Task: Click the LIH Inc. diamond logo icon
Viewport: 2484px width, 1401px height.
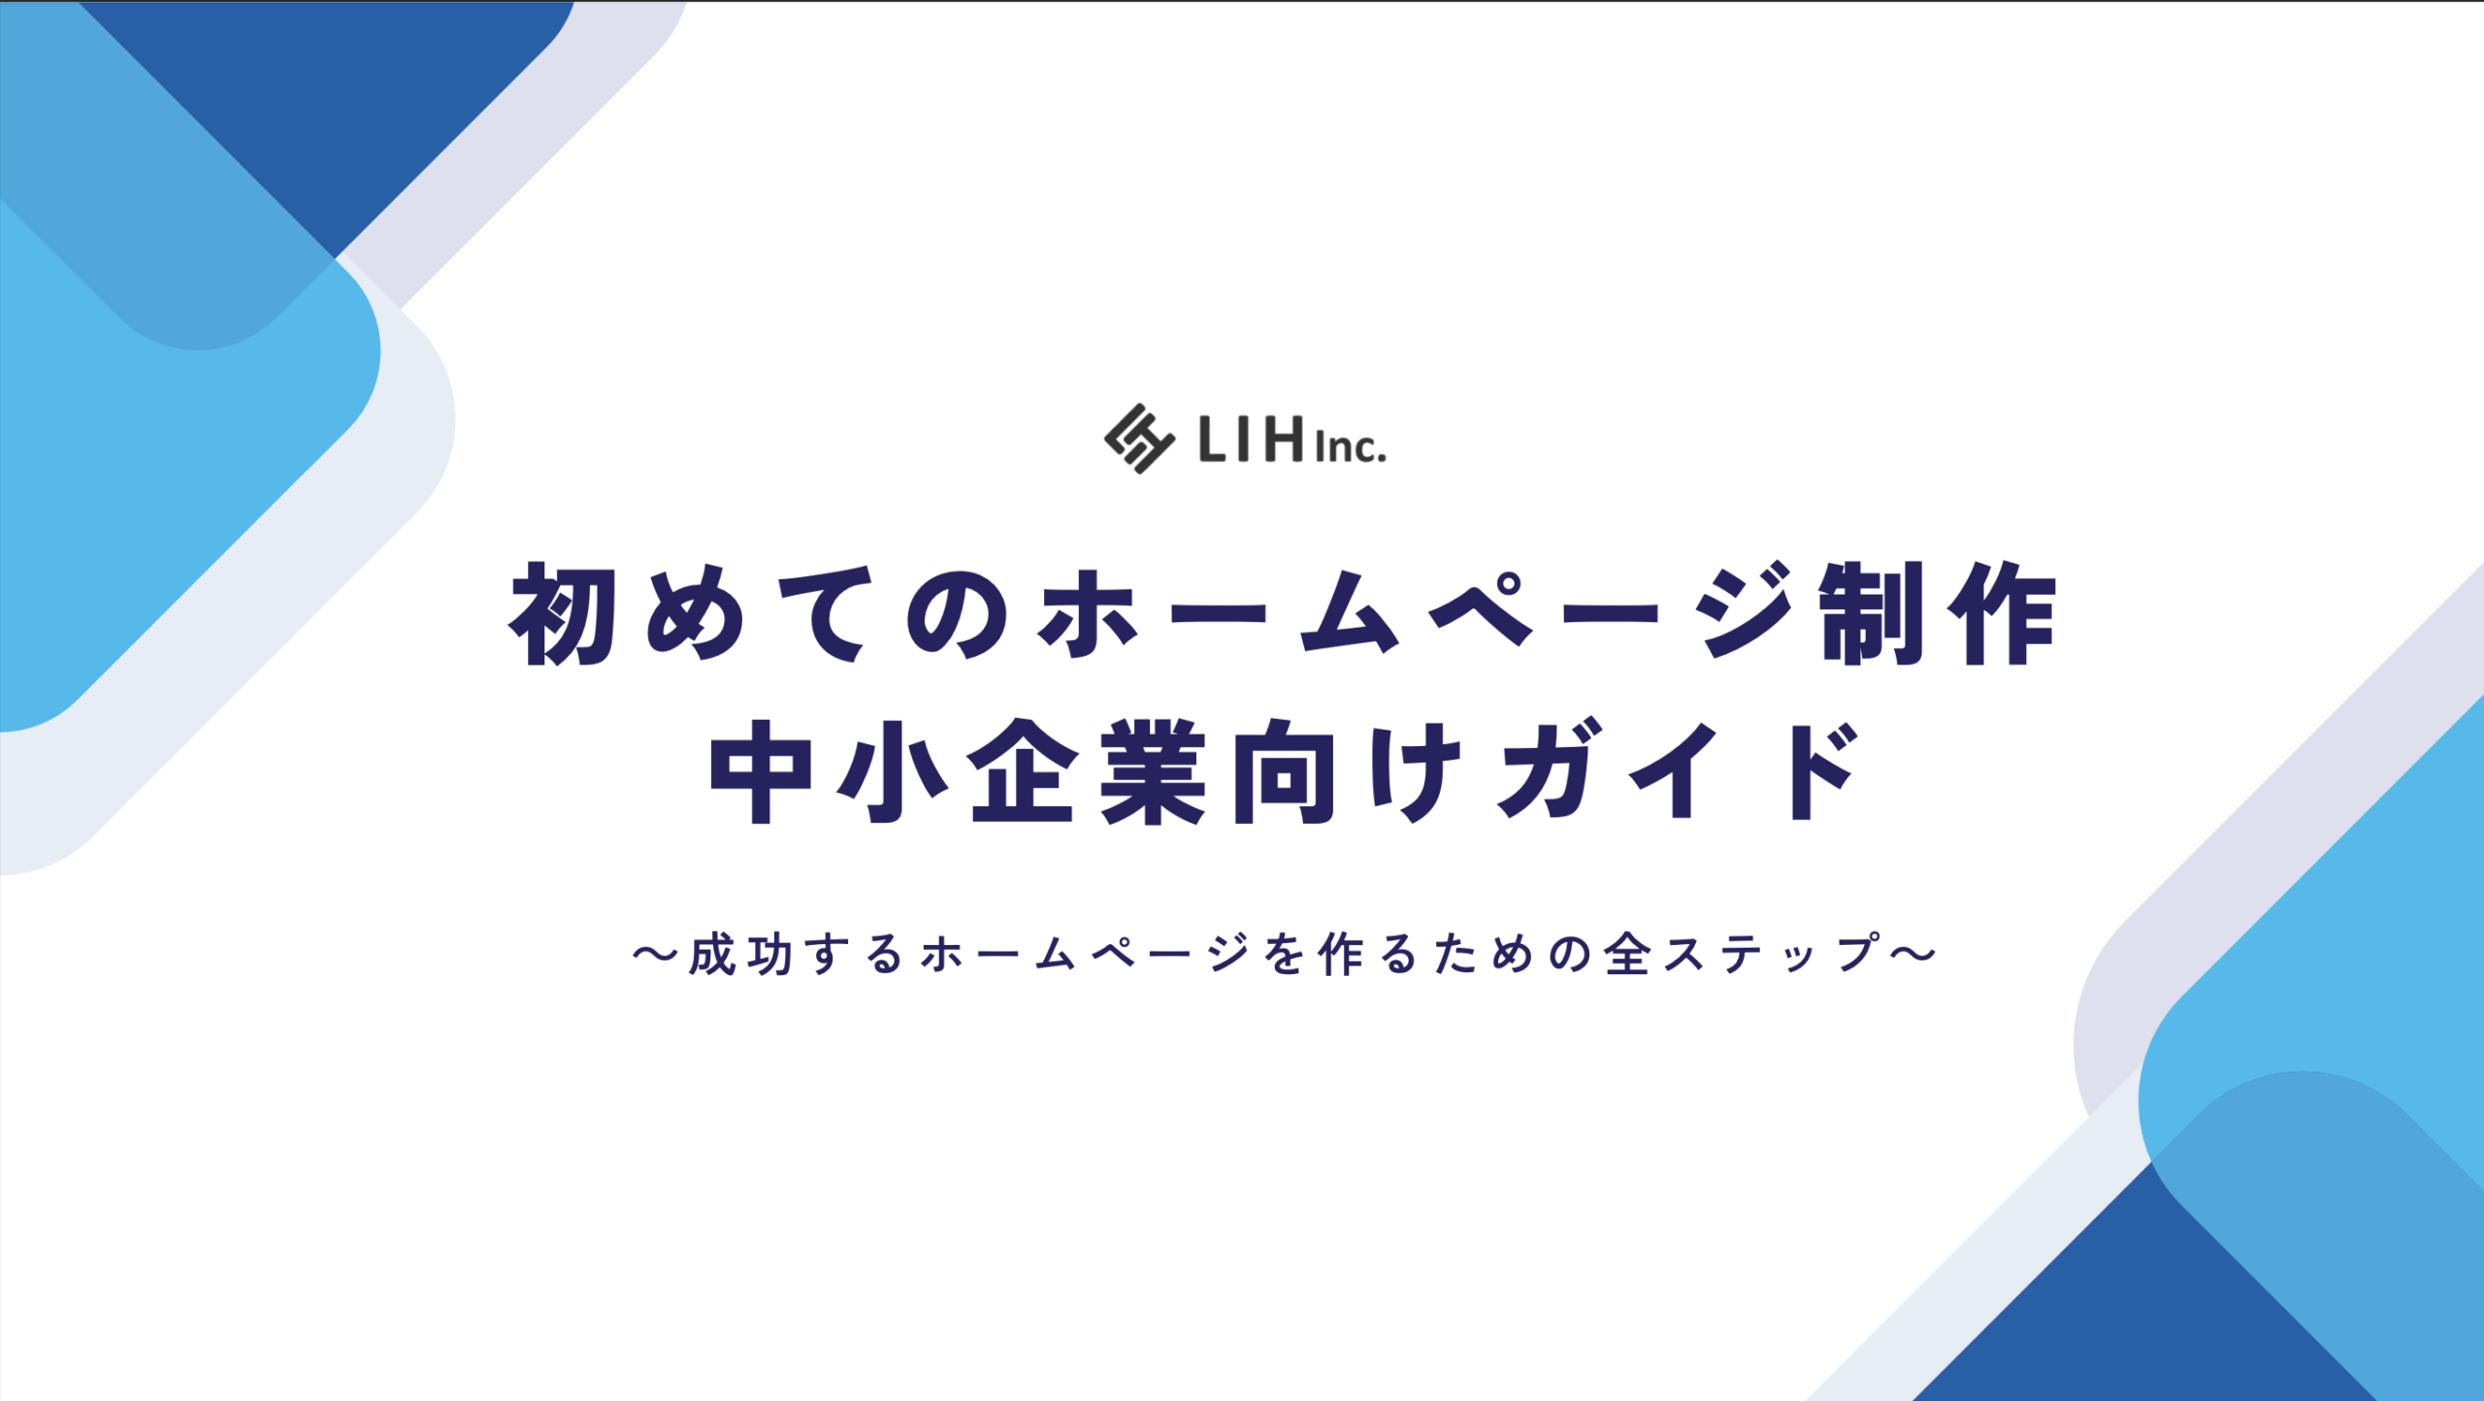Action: (x=1139, y=439)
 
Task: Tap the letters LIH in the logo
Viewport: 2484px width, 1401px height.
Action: (x=1252, y=439)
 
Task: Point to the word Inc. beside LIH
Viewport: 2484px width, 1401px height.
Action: (x=1351, y=446)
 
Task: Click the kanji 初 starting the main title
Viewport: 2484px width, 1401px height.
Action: (x=564, y=615)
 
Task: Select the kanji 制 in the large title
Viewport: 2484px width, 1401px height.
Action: (x=1872, y=613)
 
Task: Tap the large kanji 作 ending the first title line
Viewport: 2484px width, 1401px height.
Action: (x=2002, y=613)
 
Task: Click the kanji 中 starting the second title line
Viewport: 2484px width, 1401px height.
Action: (x=762, y=771)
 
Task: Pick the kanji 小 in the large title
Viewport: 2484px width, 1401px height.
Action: (x=893, y=771)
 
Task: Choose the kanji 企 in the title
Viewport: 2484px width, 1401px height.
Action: (x=1025, y=771)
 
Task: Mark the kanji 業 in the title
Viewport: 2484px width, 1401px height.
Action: (x=1155, y=771)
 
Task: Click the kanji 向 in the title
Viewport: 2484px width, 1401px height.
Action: (x=1285, y=771)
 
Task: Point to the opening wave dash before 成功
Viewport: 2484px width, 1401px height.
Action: (x=656, y=955)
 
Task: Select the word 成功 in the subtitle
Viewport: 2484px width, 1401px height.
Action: (x=741, y=954)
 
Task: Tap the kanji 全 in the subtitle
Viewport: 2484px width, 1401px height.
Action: (x=1627, y=954)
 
